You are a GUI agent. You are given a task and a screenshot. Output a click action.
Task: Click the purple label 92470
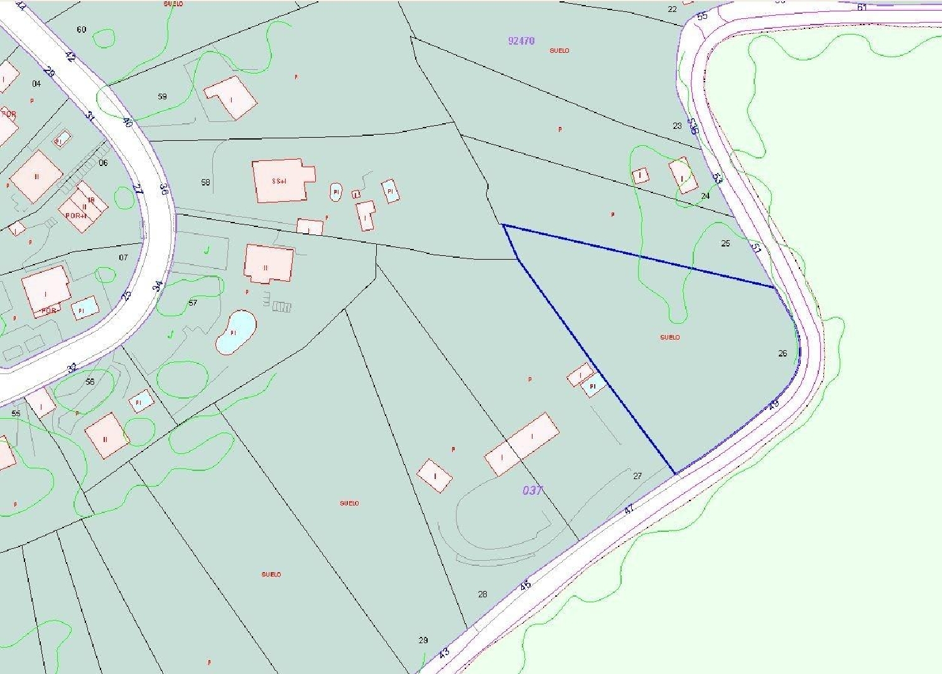(x=521, y=41)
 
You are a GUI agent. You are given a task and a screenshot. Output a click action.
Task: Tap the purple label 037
(x=532, y=490)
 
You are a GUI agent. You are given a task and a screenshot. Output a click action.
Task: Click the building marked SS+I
(x=283, y=181)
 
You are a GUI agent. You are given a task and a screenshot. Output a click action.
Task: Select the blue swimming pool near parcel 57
(x=235, y=332)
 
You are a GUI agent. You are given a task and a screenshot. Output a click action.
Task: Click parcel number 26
(x=782, y=353)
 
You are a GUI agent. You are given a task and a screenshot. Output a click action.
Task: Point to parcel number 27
(x=637, y=476)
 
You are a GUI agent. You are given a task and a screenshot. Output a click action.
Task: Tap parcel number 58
(x=205, y=182)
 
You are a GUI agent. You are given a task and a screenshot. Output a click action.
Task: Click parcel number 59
(x=163, y=97)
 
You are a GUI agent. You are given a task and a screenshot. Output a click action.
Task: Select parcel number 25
(x=725, y=243)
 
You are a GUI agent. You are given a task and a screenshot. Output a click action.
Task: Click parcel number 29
(x=423, y=640)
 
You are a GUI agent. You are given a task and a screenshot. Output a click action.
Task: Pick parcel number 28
(x=482, y=594)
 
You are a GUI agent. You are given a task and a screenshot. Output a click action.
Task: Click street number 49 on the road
(x=774, y=404)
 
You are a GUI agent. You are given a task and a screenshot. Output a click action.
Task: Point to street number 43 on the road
(x=445, y=653)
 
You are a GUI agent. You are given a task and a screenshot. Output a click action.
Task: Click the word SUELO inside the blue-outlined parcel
(x=670, y=338)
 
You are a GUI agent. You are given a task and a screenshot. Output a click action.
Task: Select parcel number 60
(x=81, y=30)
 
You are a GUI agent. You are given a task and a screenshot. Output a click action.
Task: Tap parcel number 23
(x=677, y=126)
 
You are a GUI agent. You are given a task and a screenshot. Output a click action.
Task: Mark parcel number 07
(x=123, y=257)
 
